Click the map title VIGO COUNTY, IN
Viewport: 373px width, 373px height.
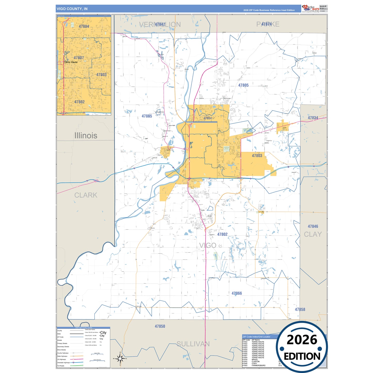pyautogui.click(x=72, y=9)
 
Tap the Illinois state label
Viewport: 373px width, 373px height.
pyautogui.click(x=86, y=136)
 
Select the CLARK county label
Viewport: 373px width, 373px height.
pyautogui.click(x=86, y=195)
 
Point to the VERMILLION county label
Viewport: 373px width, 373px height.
pyautogui.click(x=160, y=25)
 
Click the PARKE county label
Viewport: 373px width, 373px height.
pyautogui.click(x=268, y=24)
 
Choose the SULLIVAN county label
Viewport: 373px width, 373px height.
pyautogui.click(x=193, y=344)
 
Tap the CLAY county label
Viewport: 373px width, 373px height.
pyautogui.click(x=313, y=234)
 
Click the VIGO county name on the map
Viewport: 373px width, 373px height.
pyautogui.click(x=208, y=245)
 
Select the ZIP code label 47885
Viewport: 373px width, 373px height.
pyautogui.click(x=147, y=116)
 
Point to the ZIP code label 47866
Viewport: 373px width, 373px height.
pyautogui.click(x=237, y=293)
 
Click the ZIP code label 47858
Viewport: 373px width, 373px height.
pyautogui.click(x=300, y=309)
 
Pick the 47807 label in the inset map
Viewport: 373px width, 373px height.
pyautogui.click(x=79, y=58)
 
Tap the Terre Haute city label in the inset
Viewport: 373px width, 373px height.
pyautogui.click(x=71, y=62)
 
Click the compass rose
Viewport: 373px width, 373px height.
pyautogui.click(x=120, y=358)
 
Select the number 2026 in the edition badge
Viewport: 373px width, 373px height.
pyautogui.click(x=302, y=340)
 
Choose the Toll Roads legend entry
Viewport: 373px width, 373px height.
pyautogui.click(x=61, y=366)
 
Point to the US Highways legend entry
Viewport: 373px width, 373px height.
pyautogui.click(x=62, y=359)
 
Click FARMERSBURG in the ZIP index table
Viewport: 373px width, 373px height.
pyautogui.click(x=258, y=366)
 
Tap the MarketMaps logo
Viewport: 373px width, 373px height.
pyautogui.click(x=311, y=9)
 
